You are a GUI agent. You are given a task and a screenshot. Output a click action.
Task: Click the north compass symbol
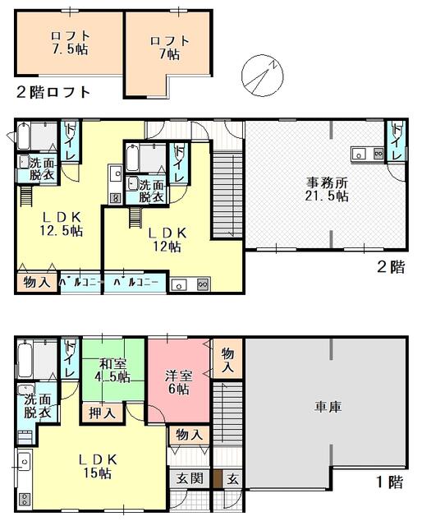pyautogui.click(x=263, y=76)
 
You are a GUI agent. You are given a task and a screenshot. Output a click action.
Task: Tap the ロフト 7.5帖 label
pyautogui.click(x=70, y=43)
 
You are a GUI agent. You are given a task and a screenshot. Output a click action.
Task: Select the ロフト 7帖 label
pyautogui.click(x=170, y=48)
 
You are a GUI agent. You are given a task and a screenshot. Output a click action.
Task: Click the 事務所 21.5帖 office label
pyautogui.click(x=327, y=189)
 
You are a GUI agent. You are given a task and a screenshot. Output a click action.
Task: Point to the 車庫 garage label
pyautogui.click(x=328, y=407)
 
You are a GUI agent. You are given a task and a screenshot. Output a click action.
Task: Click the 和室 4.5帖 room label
pyautogui.click(x=112, y=371)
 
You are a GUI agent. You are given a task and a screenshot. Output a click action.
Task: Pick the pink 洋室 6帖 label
pyautogui.click(x=178, y=382)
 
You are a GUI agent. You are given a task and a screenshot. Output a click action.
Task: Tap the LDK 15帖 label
pyautogui.click(x=98, y=466)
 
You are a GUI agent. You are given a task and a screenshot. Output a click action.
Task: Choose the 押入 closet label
pyautogui.click(x=102, y=413)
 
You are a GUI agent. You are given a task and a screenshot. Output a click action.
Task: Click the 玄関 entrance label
pyautogui.click(x=190, y=478)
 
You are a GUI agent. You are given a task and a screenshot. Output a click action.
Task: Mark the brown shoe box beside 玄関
pyautogui.click(x=218, y=478)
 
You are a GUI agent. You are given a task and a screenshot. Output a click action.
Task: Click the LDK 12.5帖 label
pyautogui.click(x=62, y=224)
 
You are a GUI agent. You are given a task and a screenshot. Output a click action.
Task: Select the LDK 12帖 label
pyautogui.click(x=167, y=239)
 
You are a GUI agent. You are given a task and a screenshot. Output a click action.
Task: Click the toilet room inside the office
pyautogui.click(x=397, y=142)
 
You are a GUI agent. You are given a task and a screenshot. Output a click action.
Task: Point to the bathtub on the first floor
pyautogui.click(x=25, y=359)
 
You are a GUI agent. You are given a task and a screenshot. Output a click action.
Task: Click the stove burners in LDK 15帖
pyautogui.click(x=25, y=500)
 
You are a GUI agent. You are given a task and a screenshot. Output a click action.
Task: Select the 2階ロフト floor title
pyautogui.click(x=53, y=92)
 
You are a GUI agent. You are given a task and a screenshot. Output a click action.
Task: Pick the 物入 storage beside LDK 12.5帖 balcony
pyautogui.click(x=37, y=282)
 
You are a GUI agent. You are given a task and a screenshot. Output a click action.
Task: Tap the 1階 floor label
pyautogui.click(x=391, y=482)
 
